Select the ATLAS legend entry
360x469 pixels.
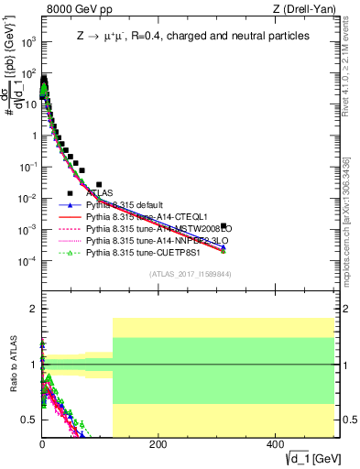point(101,193)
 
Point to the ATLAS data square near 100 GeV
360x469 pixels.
point(100,184)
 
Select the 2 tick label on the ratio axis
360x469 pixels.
point(34,309)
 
